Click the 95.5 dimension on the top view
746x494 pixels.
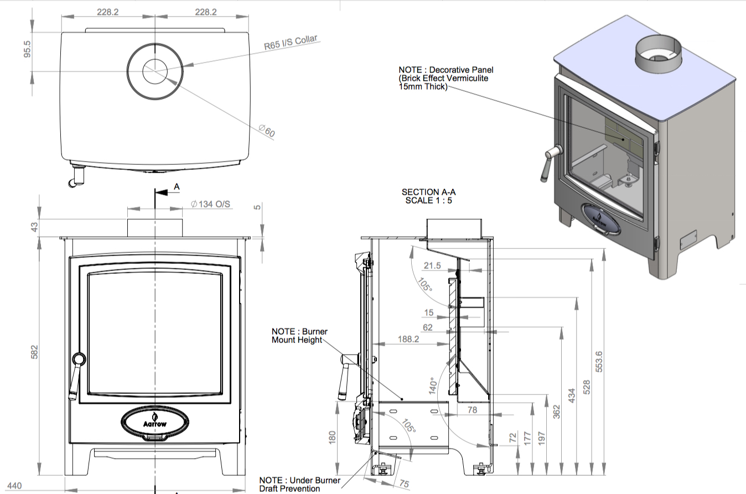pos(27,49)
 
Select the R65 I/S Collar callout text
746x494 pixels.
pos(291,43)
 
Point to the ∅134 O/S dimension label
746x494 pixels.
pos(210,204)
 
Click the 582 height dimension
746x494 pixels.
pos(35,352)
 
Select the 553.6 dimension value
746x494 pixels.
pos(599,362)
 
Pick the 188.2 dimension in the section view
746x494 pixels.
pos(408,339)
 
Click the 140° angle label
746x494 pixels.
pos(433,386)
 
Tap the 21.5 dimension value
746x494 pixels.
pos(432,266)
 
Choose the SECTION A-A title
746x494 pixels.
pos(428,192)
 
